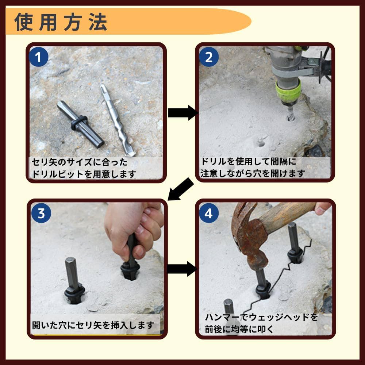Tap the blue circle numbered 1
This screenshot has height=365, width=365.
[39, 57]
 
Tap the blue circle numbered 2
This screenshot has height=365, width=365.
[209, 57]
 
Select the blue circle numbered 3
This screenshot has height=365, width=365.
[41, 214]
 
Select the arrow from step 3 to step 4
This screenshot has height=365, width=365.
[181, 269]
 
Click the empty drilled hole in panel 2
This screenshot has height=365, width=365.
[261, 142]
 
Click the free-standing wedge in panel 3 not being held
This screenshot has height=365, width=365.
[73, 281]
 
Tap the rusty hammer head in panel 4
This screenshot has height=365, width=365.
[248, 234]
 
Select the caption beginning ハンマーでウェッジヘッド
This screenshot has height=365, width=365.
[259, 323]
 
